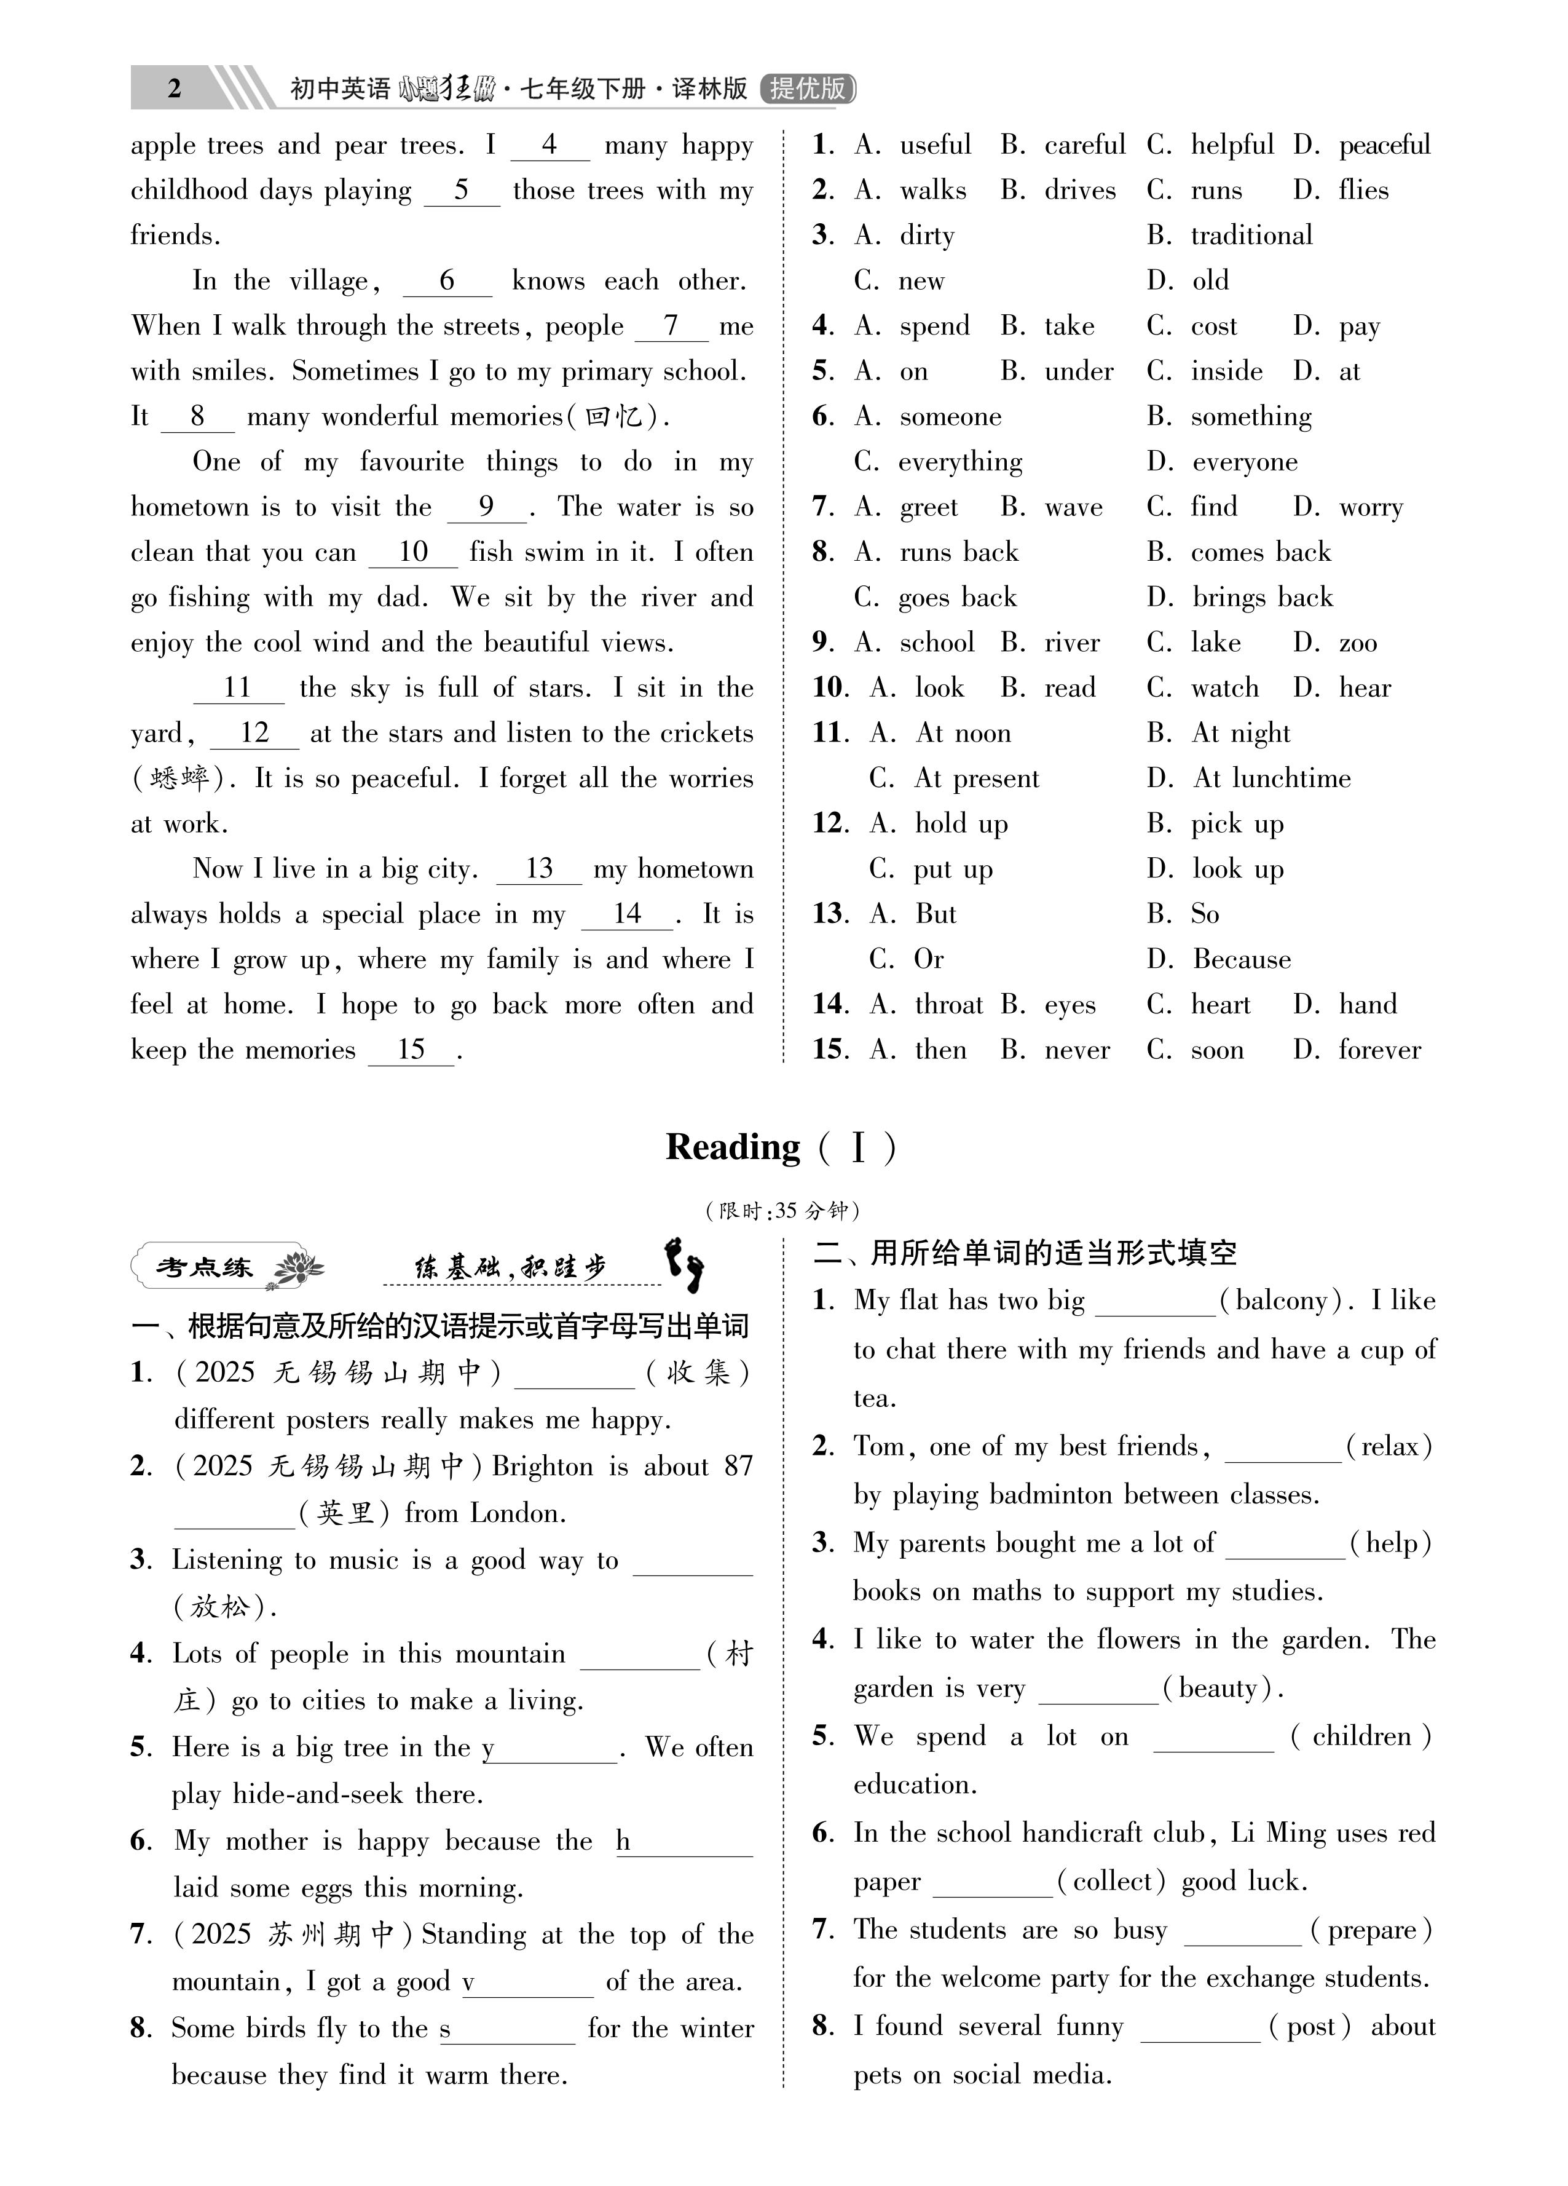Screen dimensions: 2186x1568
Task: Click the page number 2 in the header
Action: coord(175,89)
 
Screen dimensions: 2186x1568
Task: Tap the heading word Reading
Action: coord(733,1147)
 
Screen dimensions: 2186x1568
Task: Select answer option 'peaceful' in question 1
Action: coord(1384,146)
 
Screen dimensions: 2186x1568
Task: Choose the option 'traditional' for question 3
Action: coord(1251,236)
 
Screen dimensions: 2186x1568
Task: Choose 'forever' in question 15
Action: coord(1379,1051)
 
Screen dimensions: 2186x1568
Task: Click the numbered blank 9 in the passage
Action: coord(487,507)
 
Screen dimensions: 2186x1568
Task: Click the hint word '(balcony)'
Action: coord(1281,1301)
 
